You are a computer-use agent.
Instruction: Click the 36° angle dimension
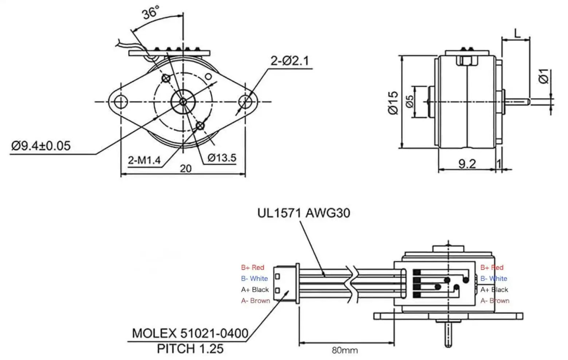click(x=150, y=13)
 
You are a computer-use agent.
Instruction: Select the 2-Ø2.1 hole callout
click(x=289, y=60)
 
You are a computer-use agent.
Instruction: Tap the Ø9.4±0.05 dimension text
click(x=41, y=146)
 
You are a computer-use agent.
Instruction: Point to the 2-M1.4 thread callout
click(x=144, y=160)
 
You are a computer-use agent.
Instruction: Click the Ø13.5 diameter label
click(x=222, y=158)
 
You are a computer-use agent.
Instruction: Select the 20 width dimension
click(x=185, y=168)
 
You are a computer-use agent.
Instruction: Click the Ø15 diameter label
click(x=393, y=103)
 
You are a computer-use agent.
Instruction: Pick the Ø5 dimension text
click(x=409, y=102)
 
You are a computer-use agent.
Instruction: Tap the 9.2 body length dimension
click(x=467, y=164)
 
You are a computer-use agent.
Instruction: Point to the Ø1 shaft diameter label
click(x=544, y=76)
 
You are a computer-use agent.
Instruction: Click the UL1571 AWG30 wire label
click(x=304, y=212)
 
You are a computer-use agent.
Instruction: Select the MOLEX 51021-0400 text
click(x=190, y=333)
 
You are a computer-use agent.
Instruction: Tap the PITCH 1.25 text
click(x=190, y=349)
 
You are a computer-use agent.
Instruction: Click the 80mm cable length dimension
click(x=344, y=351)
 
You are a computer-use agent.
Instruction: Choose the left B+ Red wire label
click(x=252, y=267)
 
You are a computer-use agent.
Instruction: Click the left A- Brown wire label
click(x=255, y=301)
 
